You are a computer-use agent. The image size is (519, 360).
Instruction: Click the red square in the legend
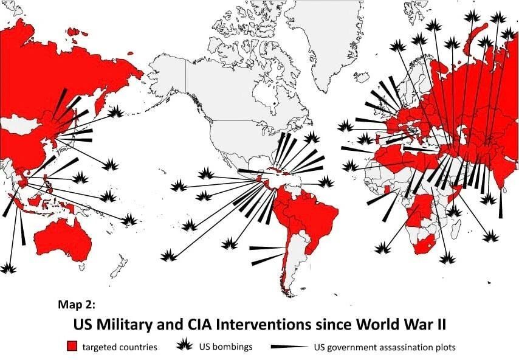click(x=72, y=347)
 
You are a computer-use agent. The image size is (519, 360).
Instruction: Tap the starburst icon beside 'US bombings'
click(x=184, y=345)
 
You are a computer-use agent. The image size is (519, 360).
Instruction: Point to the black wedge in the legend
click(x=289, y=347)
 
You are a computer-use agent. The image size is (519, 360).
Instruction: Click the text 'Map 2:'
click(x=77, y=304)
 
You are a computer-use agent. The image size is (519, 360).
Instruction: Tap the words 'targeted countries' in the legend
click(x=120, y=347)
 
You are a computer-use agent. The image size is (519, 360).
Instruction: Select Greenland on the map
click(x=328, y=36)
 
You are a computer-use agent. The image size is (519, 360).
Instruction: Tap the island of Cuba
click(x=277, y=170)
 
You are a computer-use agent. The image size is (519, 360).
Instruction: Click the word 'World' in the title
click(x=377, y=324)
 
